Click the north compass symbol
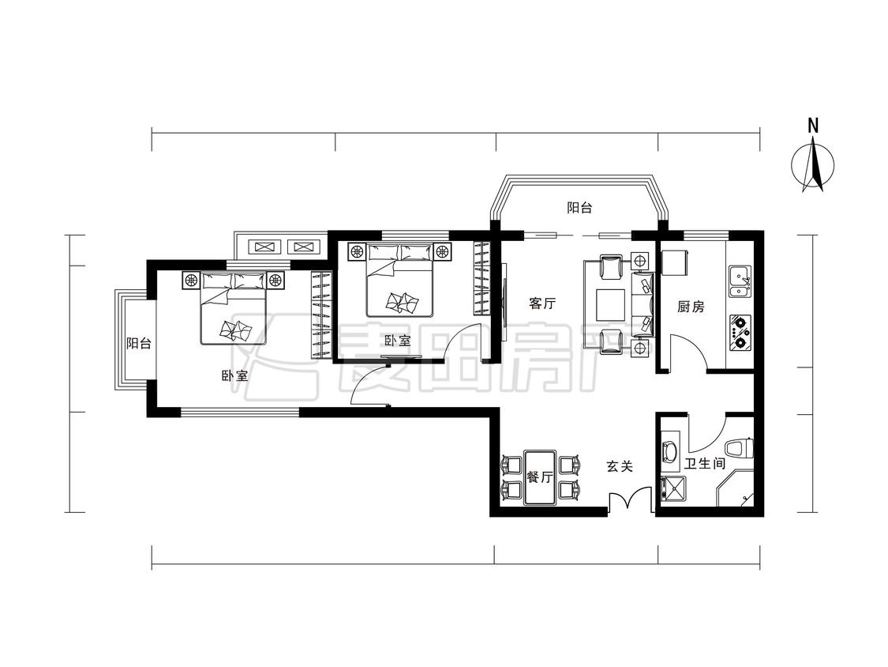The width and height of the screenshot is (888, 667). pyautogui.click(x=813, y=167)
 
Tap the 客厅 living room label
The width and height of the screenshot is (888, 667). pyautogui.click(x=542, y=304)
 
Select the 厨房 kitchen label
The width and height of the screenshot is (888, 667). pyautogui.click(x=691, y=307)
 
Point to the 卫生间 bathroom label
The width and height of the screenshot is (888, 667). pyautogui.click(x=705, y=464)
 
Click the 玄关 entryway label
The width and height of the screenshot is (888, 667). pyautogui.click(x=620, y=467)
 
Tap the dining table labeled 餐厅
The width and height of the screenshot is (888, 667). pyautogui.click(x=540, y=477)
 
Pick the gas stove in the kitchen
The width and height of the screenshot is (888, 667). pyautogui.click(x=740, y=333)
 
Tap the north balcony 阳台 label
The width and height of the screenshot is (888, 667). pyautogui.click(x=579, y=208)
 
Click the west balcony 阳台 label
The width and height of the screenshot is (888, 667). pyautogui.click(x=139, y=344)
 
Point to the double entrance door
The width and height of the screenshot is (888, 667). pyautogui.click(x=631, y=500)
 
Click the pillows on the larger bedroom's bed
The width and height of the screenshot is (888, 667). pyautogui.click(x=234, y=281)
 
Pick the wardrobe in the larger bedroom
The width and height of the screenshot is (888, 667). pyautogui.click(x=320, y=315)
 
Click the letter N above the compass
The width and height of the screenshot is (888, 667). pyautogui.click(x=813, y=126)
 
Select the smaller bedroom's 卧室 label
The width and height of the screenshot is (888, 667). pyautogui.click(x=397, y=341)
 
